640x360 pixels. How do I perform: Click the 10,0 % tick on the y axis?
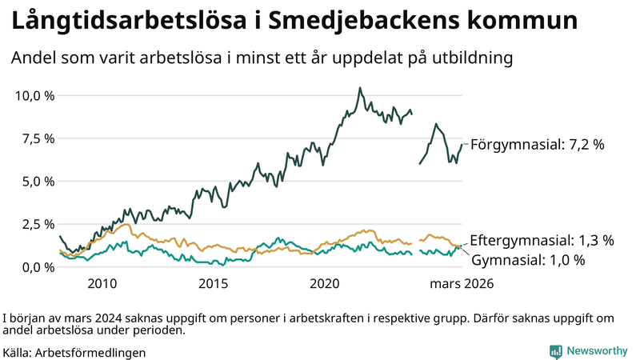pyautogui.click(x=34, y=95)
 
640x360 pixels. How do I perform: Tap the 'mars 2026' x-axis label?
pyautogui.click(x=462, y=284)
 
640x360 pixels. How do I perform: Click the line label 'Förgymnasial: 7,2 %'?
pyautogui.click(x=537, y=145)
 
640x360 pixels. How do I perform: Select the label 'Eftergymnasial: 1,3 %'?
pyautogui.click(x=542, y=240)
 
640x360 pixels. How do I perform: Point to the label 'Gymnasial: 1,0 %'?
pyautogui.click(x=529, y=260)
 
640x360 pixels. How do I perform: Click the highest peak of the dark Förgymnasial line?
pyautogui.click(x=360, y=88)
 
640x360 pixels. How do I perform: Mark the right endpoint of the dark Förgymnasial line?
pyautogui.click(x=462, y=145)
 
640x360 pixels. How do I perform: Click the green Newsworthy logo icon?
pyautogui.click(x=555, y=350)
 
